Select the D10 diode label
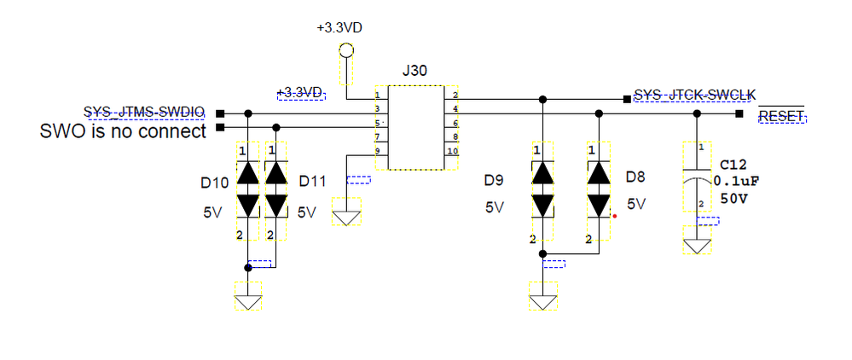pyautogui.click(x=214, y=183)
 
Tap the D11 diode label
pyautogui.click(x=313, y=183)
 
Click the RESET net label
pyautogui.click(x=782, y=116)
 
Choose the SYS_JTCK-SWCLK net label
pyautogui.click(x=695, y=94)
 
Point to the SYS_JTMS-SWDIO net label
pyautogui.click(x=144, y=112)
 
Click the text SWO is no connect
pyautogui.click(x=124, y=132)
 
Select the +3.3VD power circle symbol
pyautogui.click(x=345, y=50)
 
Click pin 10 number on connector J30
pyautogui.click(x=453, y=151)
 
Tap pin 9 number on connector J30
pyautogui.click(x=377, y=151)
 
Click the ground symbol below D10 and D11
pyautogui.click(x=248, y=301)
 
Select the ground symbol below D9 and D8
pyautogui.click(x=542, y=301)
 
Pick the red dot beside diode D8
pyautogui.click(x=614, y=216)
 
